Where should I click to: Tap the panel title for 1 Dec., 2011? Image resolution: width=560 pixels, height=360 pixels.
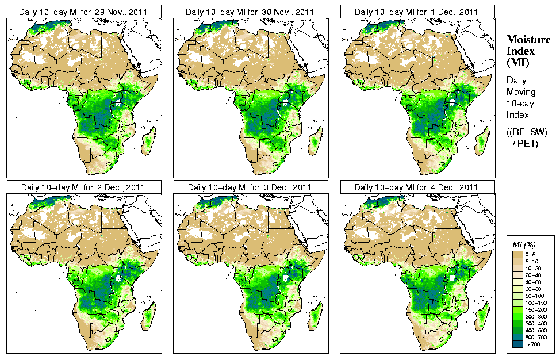pyautogui.click(x=416, y=12)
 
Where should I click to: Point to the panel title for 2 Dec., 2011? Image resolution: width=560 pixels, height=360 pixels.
pyautogui.click(x=82, y=187)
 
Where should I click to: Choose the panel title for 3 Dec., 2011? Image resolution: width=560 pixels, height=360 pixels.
pyautogui.click(x=249, y=187)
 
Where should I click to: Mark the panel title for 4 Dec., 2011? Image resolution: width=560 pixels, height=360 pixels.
pyautogui.click(x=416, y=187)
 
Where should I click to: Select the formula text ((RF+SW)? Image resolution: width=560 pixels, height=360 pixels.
pyautogui.click(x=527, y=132)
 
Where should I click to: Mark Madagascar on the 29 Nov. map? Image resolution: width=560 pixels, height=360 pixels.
pyautogui.click(x=148, y=142)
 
